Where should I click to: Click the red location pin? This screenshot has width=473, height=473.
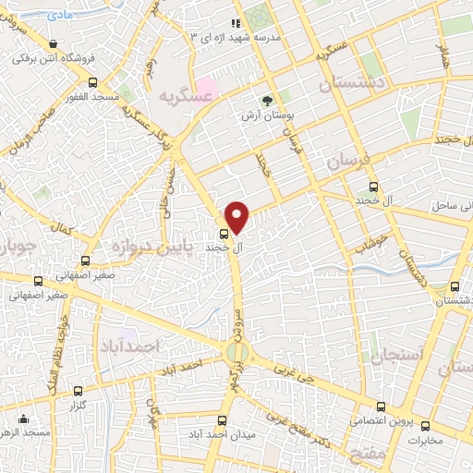[x=237, y=216]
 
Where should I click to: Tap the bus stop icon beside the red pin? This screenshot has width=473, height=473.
[x=224, y=233]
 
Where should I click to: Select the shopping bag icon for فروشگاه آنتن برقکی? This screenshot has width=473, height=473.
[x=53, y=43]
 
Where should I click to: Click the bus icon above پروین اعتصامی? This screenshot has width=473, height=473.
[x=381, y=406]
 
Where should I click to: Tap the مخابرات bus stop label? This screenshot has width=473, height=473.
[x=426, y=439]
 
